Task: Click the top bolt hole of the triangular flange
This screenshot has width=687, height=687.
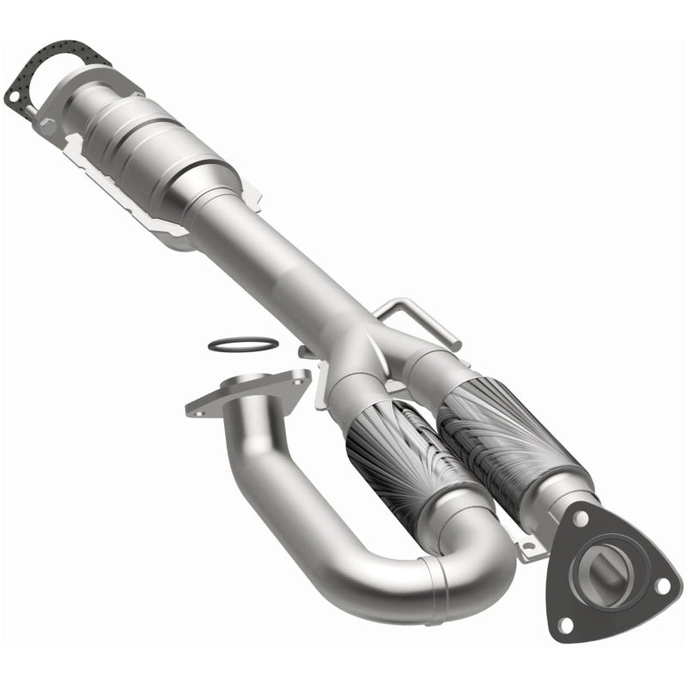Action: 581,521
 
